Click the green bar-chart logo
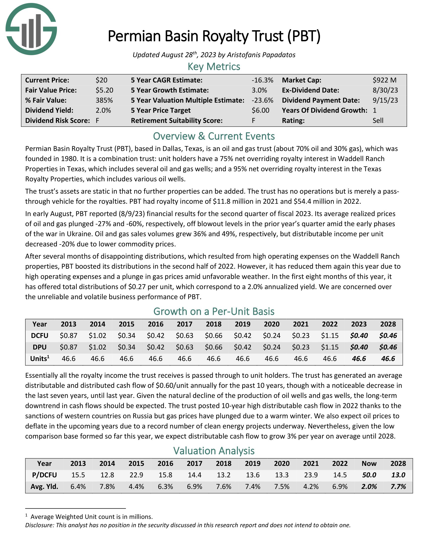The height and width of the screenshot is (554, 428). coord(31,29)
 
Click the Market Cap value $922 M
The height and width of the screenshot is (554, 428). coord(384,80)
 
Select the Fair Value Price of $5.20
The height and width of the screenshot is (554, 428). coord(104,90)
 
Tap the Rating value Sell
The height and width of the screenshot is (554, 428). coord(378,120)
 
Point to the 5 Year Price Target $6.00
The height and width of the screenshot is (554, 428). coord(260,110)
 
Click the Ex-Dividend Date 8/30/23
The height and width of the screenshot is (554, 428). coord(385,90)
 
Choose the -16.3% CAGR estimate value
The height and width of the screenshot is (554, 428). coord(262,80)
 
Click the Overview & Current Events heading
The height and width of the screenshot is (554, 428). coord(214,136)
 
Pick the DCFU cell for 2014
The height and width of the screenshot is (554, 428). coord(97,336)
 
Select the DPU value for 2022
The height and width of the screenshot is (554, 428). coord(330,347)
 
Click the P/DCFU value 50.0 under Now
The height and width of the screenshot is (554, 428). coord(369,475)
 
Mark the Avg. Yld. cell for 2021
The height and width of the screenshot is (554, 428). coord(311,487)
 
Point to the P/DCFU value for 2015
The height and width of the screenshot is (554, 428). coord(136,475)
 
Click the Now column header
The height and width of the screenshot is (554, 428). coord(369,463)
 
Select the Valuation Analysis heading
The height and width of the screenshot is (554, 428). coord(214,451)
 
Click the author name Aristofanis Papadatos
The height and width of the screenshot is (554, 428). coord(261,55)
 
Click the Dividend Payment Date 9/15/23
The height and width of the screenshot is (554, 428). coord(385,100)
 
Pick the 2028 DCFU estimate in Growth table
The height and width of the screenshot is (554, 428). coord(388,336)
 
